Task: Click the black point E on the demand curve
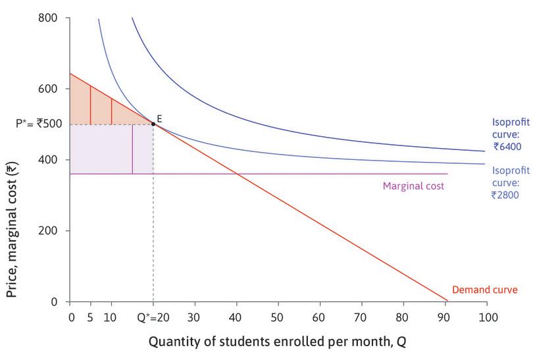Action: click(x=153, y=124)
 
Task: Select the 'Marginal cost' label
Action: click(x=413, y=186)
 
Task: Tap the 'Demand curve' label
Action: click(x=485, y=290)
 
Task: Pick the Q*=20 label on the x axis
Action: click(x=153, y=317)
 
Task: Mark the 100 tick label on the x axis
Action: click(x=486, y=317)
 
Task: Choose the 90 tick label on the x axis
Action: click(x=445, y=317)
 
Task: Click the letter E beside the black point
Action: click(x=159, y=118)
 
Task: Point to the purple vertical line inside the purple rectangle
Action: click(x=132, y=149)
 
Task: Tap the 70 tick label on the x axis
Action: click(x=361, y=317)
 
